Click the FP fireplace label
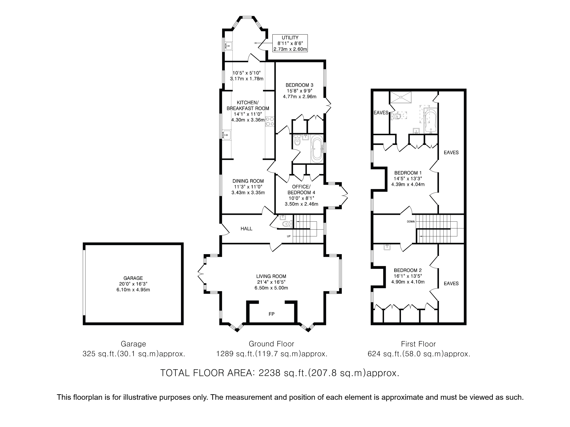point(271,314)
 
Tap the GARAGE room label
point(133,278)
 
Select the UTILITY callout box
point(290,43)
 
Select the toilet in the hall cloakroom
point(287,224)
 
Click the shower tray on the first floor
point(401,97)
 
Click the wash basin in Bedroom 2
point(387,247)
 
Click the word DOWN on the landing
point(411,221)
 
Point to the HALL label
point(246,229)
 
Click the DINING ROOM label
point(248,181)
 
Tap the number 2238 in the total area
point(269,373)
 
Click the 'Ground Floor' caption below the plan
point(271,344)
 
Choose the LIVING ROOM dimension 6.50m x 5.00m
point(271,288)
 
